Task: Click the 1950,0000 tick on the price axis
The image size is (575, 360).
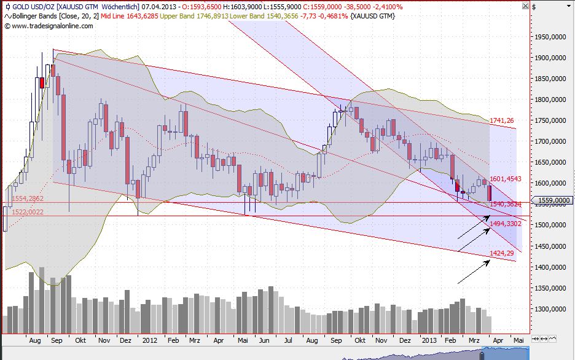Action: coord(550,37)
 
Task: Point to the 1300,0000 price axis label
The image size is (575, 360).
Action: coord(550,309)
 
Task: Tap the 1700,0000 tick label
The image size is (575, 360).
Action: coord(550,141)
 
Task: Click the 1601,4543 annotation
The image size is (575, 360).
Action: coord(506,179)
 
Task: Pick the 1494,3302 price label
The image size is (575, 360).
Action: coord(506,224)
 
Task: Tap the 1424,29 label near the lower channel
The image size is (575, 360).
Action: coord(501,253)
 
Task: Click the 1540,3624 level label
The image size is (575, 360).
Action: coord(506,204)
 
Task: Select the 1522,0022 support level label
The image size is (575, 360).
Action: coord(27,212)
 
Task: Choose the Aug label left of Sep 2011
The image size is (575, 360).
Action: coord(34,339)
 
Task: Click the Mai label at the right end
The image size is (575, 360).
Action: coord(518,339)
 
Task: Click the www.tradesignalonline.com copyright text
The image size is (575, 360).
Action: coord(49,26)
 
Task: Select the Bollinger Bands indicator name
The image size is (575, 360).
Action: coord(35,16)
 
